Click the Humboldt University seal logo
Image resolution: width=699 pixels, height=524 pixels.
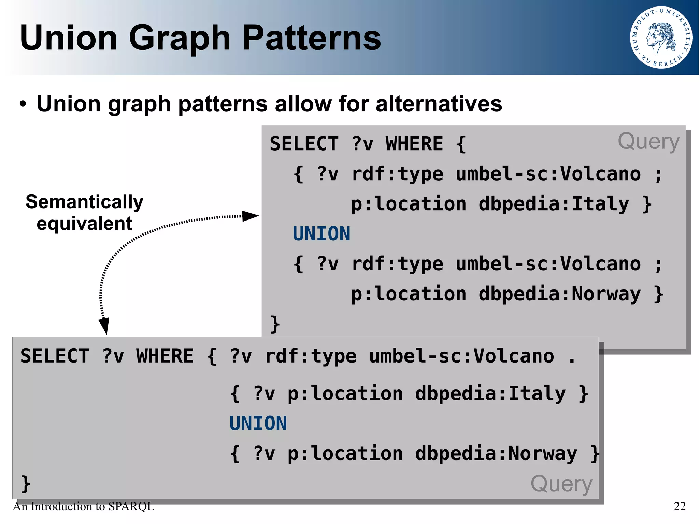661,38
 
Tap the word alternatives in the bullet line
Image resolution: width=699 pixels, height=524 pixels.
439,103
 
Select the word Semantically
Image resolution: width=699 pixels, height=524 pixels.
84,202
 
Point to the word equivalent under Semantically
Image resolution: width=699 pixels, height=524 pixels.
84,224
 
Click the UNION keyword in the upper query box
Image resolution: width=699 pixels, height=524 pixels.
322,234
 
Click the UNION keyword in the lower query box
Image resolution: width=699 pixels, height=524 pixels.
258,424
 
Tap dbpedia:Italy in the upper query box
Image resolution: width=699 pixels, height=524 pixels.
554,204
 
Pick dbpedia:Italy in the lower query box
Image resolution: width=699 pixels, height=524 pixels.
490,394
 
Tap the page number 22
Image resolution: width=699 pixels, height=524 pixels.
680,506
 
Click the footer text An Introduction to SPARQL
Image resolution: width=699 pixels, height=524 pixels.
84,506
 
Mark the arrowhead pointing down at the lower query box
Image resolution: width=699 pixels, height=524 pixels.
104,326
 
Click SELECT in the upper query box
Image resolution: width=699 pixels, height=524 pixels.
304,144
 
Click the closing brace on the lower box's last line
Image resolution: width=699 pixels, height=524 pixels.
26,484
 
